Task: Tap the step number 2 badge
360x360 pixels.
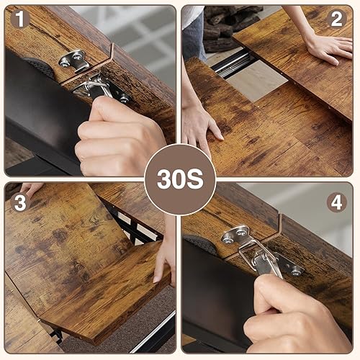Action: (x=336, y=19)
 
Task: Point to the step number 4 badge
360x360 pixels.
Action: (x=336, y=202)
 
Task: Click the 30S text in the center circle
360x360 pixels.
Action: (x=180, y=179)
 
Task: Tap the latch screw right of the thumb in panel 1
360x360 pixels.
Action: (x=123, y=96)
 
